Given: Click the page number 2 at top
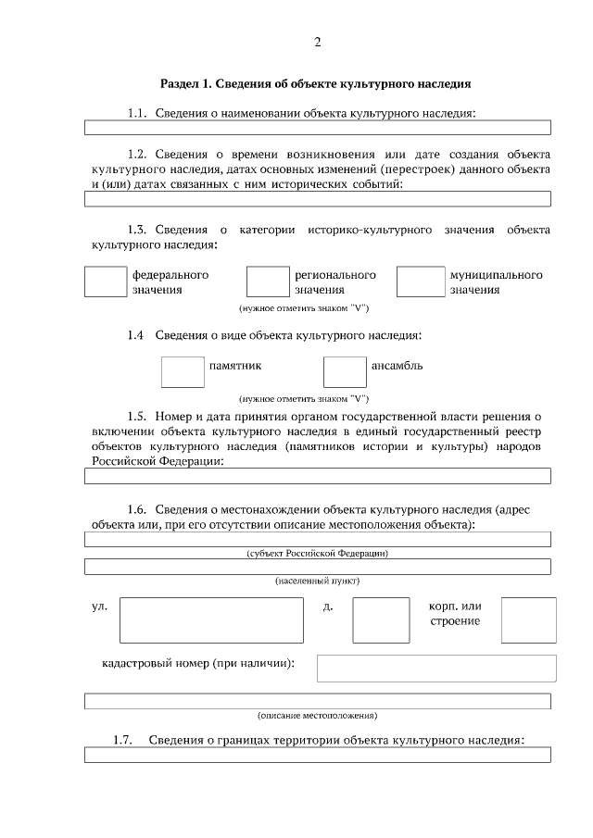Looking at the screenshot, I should point(317,43).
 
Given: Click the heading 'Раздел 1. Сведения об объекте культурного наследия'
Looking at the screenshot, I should point(316,83).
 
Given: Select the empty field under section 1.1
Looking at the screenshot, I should point(317,128).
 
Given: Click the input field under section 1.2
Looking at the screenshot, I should point(317,198).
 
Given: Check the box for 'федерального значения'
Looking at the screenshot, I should point(105,281).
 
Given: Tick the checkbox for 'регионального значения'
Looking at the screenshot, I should point(268,281).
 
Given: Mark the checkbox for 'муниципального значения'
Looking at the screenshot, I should point(421,281).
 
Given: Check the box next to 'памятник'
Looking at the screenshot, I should point(183,371).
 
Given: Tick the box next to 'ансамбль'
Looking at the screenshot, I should point(345,371).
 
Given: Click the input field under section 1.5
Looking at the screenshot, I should point(317,476).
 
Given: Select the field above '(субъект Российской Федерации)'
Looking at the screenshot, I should point(317,539).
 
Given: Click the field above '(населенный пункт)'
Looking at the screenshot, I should point(317,567).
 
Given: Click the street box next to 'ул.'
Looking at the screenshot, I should point(211,619).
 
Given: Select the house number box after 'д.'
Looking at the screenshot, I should point(381,619).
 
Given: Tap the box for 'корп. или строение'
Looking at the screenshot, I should point(528,619).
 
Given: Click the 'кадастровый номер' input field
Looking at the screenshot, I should point(436,668).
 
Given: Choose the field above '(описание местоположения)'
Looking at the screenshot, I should point(317,701).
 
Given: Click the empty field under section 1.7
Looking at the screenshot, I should point(317,755).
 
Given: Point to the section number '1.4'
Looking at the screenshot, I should point(135,334).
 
